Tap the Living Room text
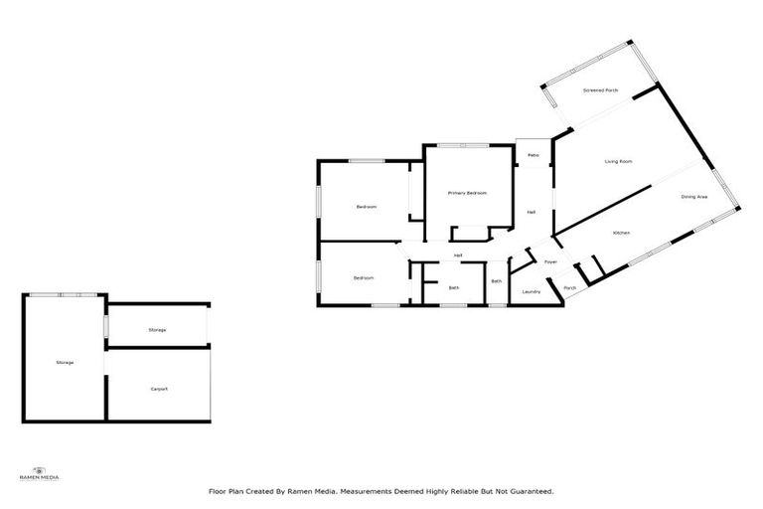click(619, 161)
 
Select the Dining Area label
click(693, 197)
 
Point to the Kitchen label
click(621, 233)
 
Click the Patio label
click(533, 155)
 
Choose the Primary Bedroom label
click(466, 193)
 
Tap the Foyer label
click(549, 261)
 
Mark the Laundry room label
click(531, 291)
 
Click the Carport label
click(159, 389)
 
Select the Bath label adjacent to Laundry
click(496, 281)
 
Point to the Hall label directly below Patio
click(532, 213)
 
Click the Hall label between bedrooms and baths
click(458, 256)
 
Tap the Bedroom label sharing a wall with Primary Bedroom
click(367, 207)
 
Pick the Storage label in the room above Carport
click(157, 329)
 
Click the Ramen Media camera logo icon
click(40, 469)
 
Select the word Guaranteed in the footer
click(532, 491)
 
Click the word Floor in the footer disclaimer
click(216, 491)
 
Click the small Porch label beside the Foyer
click(569, 288)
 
